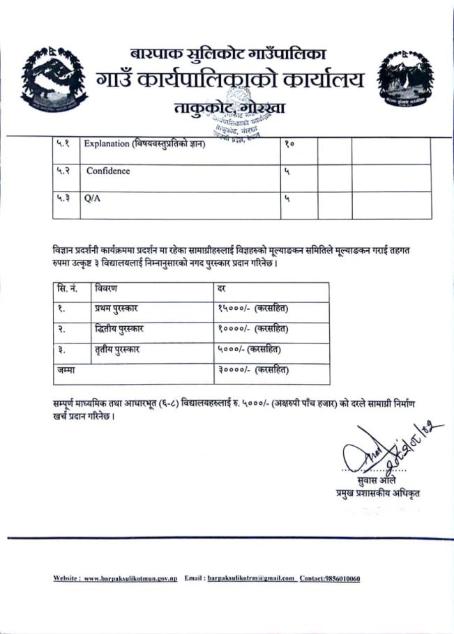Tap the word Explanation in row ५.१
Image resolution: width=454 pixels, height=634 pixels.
coord(105,144)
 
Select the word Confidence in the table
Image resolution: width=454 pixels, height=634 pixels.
coord(108,171)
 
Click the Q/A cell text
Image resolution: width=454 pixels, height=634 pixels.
coord(92,198)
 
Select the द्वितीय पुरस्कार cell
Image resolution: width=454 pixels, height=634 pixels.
coord(120,328)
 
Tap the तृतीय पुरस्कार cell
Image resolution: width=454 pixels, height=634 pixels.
coord(117,349)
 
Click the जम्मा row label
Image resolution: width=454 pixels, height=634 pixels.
coord(66,370)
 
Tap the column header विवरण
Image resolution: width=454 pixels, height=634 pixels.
coord(107,287)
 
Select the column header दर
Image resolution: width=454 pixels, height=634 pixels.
coord(222,287)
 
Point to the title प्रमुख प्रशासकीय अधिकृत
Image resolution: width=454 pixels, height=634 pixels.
coord(378,494)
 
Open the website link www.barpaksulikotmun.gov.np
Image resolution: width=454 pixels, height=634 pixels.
coord(131,579)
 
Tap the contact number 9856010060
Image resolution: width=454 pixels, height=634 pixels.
coord(342,579)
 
